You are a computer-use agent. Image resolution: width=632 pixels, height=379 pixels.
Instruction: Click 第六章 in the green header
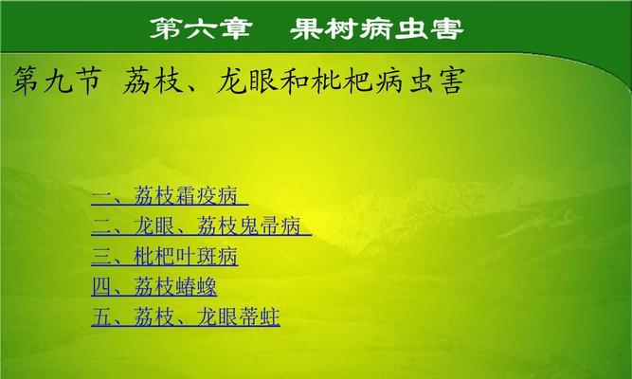click(201, 28)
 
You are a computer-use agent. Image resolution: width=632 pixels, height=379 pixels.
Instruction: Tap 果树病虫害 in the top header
click(377, 28)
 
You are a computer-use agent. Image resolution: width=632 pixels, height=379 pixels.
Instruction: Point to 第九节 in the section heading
click(57, 81)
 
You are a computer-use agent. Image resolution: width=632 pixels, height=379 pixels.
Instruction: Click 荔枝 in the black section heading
click(153, 81)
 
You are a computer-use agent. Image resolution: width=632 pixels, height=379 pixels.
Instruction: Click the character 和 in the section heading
click(295, 81)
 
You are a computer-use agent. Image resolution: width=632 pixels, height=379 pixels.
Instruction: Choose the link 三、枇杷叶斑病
click(165, 257)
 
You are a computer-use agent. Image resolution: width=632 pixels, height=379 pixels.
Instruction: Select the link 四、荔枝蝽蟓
click(154, 287)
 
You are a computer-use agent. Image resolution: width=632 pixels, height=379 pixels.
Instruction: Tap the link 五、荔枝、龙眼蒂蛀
click(186, 316)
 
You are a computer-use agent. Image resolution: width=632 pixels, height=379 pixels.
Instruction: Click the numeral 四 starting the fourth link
click(101, 287)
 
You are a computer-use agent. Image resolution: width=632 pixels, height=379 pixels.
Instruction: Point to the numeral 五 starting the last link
click(101, 316)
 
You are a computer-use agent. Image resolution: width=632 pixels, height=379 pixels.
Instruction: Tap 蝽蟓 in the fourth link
click(196, 287)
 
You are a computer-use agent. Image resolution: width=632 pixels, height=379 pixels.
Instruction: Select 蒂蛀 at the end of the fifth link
click(260, 316)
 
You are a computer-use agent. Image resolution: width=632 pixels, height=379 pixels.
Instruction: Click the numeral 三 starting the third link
click(101, 257)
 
